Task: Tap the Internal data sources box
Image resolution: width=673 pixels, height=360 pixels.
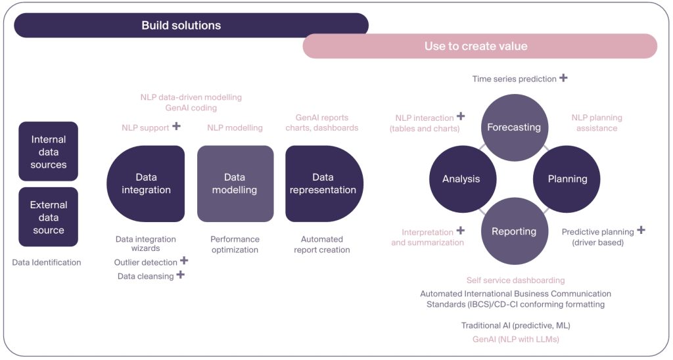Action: [x=49, y=152]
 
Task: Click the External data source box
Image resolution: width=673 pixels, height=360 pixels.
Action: [x=49, y=217]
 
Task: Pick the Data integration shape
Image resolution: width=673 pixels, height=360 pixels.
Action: [x=145, y=183]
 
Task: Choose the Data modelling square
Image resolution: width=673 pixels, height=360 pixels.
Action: [x=235, y=183]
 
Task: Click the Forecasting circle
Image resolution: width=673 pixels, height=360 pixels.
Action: [x=514, y=127]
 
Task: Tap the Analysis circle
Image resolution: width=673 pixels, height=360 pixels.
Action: [x=461, y=179]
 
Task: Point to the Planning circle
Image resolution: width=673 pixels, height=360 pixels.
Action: [x=567, y=179]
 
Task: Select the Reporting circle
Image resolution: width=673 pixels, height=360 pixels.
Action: [x=514, y=231]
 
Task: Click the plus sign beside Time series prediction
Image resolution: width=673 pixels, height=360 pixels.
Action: [x=563, y=78]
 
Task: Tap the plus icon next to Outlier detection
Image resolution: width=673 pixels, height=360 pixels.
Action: [x=184, y=261]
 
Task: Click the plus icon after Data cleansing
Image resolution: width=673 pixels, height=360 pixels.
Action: [x=180, y=275]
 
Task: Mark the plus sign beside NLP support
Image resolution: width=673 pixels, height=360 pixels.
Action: [x=176, y=126]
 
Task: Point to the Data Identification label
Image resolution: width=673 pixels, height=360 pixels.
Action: [x=47, y=262]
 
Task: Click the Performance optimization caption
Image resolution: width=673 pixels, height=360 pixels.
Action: [x=235, y=244]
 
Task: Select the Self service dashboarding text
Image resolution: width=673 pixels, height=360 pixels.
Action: [x=515, y=281]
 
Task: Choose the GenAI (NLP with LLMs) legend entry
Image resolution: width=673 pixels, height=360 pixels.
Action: [x=515, y=340]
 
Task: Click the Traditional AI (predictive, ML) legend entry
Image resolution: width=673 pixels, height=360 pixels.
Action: [x=515, y=326]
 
